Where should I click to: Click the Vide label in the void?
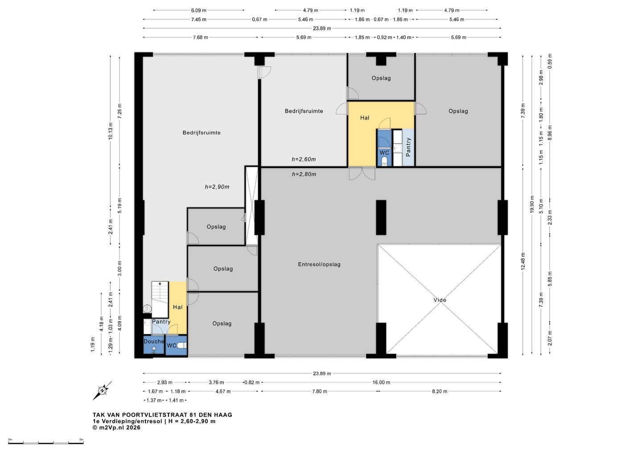[440, 300]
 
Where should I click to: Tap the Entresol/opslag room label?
[319, 264]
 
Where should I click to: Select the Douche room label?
[154, 341]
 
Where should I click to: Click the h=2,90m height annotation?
[217, 187]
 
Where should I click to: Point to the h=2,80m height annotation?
[304, 174]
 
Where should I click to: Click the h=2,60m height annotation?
[304, 159]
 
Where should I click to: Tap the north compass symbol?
[103, 390]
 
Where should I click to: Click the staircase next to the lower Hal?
[160, 300]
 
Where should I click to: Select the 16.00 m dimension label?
[381, 382]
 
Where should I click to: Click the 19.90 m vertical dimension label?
[532, 204]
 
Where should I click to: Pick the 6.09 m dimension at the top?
[199, 10]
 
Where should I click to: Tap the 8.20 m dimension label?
[440, 391]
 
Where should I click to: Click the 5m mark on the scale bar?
[82, 439]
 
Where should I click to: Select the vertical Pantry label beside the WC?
[408, 147]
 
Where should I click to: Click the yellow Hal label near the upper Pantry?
[365, 118]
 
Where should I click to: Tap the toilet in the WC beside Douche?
[182, 346]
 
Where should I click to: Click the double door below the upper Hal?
[362, 173]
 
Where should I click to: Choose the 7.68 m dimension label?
[200, 37]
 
